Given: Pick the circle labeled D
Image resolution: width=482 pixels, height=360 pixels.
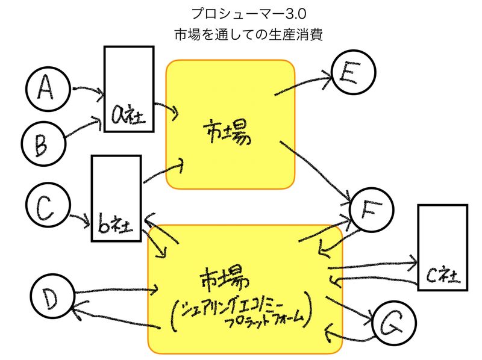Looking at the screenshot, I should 51,296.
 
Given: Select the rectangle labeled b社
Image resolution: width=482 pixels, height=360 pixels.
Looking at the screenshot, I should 116,198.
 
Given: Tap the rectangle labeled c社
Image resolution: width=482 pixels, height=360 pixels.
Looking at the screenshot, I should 442,247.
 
